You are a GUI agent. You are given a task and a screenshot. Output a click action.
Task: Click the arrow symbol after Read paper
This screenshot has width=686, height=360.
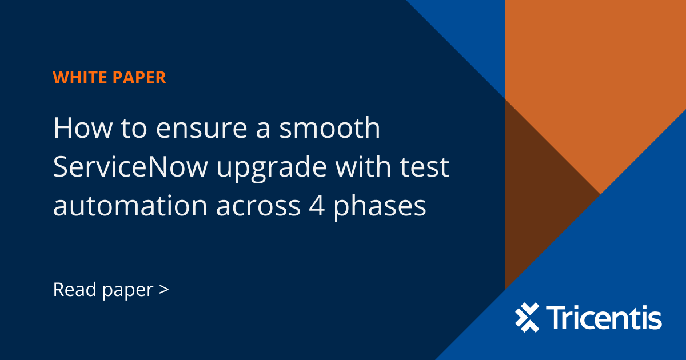pos(164,290)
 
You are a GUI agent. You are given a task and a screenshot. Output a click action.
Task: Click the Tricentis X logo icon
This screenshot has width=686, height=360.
pos(527,318)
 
